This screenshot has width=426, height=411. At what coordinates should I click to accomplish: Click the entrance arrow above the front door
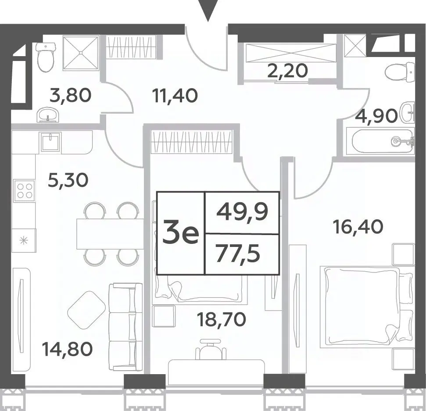click(208, 11)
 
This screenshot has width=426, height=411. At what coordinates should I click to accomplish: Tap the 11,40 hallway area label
click(175, 96)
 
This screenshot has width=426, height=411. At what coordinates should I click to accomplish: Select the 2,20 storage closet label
click(288, 71)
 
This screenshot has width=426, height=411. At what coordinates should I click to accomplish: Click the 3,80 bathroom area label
click(70, 96)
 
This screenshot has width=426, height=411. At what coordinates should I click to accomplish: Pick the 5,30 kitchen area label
click(68, 180)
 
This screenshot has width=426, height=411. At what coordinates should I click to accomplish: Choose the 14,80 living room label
click(68, 349)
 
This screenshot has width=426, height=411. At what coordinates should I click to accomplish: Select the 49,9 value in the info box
click(242, 212)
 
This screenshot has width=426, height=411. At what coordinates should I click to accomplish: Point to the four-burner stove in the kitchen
click(25, 191)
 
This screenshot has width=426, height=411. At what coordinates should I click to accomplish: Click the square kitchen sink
click(50, 142)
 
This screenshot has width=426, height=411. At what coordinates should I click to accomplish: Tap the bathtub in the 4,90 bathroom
click(383, 142)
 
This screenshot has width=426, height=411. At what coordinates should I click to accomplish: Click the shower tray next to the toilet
click(81, 53)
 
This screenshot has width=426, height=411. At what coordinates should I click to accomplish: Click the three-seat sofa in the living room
click(125, 326)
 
